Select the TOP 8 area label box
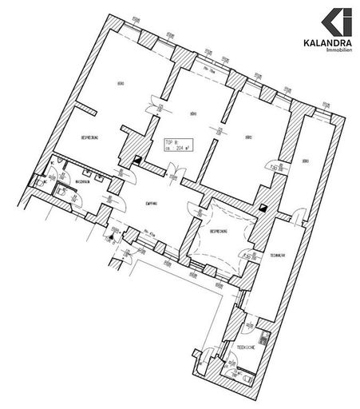pos(176,144)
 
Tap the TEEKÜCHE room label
pos(244,347)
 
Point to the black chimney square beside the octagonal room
pos(263,206)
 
